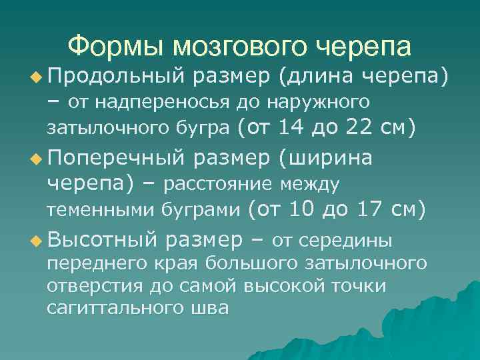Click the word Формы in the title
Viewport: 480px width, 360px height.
pyautogui.click(x=115, y=47)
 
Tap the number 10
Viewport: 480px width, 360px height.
pyautogui.click(x=302, y=209)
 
